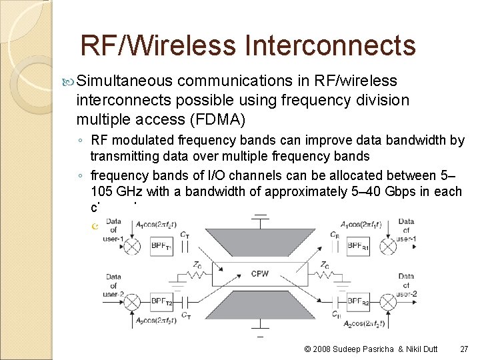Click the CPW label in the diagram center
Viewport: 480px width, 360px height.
(259, 273)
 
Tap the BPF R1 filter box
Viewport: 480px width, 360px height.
(357, 245)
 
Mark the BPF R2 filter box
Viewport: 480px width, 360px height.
(357, 302)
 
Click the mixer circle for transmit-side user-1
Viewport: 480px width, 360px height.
(133, 245)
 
